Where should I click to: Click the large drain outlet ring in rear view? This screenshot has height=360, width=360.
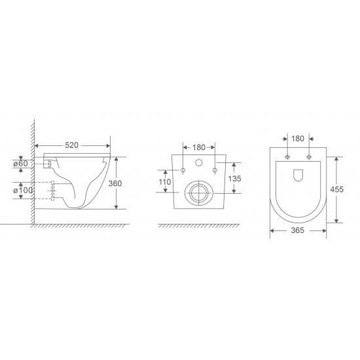click(x=199, y=192)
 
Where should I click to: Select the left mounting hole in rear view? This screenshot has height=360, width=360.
click(x=184, y=171)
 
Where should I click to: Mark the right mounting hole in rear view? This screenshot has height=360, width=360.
click(x=215, y=171)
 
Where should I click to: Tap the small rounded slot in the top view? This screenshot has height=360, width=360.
click(x=297, y=175)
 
